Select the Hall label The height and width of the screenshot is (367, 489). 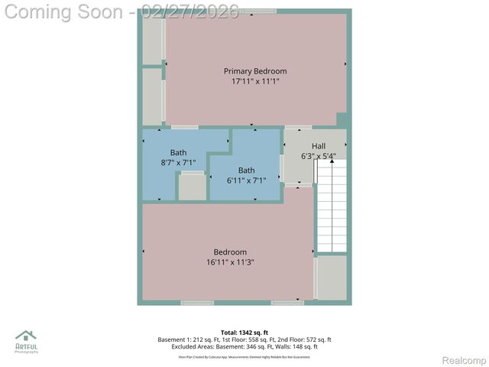(x=319, y=146)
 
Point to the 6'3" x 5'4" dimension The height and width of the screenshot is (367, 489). (x=319, y=156)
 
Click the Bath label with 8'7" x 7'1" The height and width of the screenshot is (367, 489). (x=178, y=152)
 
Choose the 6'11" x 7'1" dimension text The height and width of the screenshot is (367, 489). (x=246, y=180)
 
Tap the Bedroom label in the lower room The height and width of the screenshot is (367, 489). (x=230, y=252)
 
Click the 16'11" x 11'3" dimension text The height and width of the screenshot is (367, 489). (x=230, y=262)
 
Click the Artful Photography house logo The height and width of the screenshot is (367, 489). (x=26, y=337)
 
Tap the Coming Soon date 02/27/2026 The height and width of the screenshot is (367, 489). (x=190, y=11)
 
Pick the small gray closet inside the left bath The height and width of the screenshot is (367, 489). (x=192, y=187)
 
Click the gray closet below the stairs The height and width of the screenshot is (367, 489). (x=332, y=277)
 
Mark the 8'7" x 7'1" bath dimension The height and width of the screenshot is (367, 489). (x=178, y=162)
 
